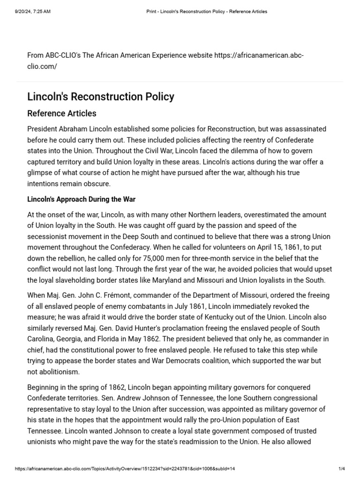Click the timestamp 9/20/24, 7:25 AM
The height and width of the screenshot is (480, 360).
pos(32,12)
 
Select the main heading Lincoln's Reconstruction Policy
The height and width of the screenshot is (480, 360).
pos(101,97)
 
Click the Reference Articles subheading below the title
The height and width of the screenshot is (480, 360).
pos(62,113)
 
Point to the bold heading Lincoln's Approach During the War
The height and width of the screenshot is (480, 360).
pos(82,199)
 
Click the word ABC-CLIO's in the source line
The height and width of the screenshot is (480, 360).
pos(63,55)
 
